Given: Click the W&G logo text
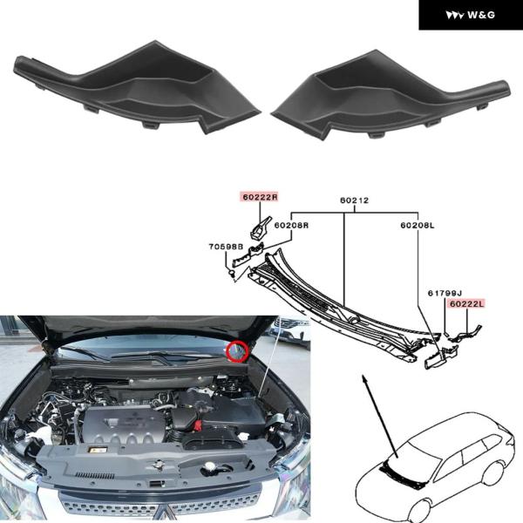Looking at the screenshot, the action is [480, 15].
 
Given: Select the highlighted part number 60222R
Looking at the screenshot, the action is [260, 197].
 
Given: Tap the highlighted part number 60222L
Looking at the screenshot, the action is [466, 304].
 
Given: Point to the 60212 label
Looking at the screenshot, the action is [354, 200].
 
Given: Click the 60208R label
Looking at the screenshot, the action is [291, 226].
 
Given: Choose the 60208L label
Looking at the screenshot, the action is [418, 226].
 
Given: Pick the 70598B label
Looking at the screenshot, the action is [226, 247].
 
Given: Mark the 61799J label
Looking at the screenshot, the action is [445, 293].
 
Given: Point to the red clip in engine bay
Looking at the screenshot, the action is [198, 425].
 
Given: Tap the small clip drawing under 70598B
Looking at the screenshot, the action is [231, 274].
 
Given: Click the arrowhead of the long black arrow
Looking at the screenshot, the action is [364, 378].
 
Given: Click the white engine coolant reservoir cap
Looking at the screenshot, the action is [209, 465].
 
